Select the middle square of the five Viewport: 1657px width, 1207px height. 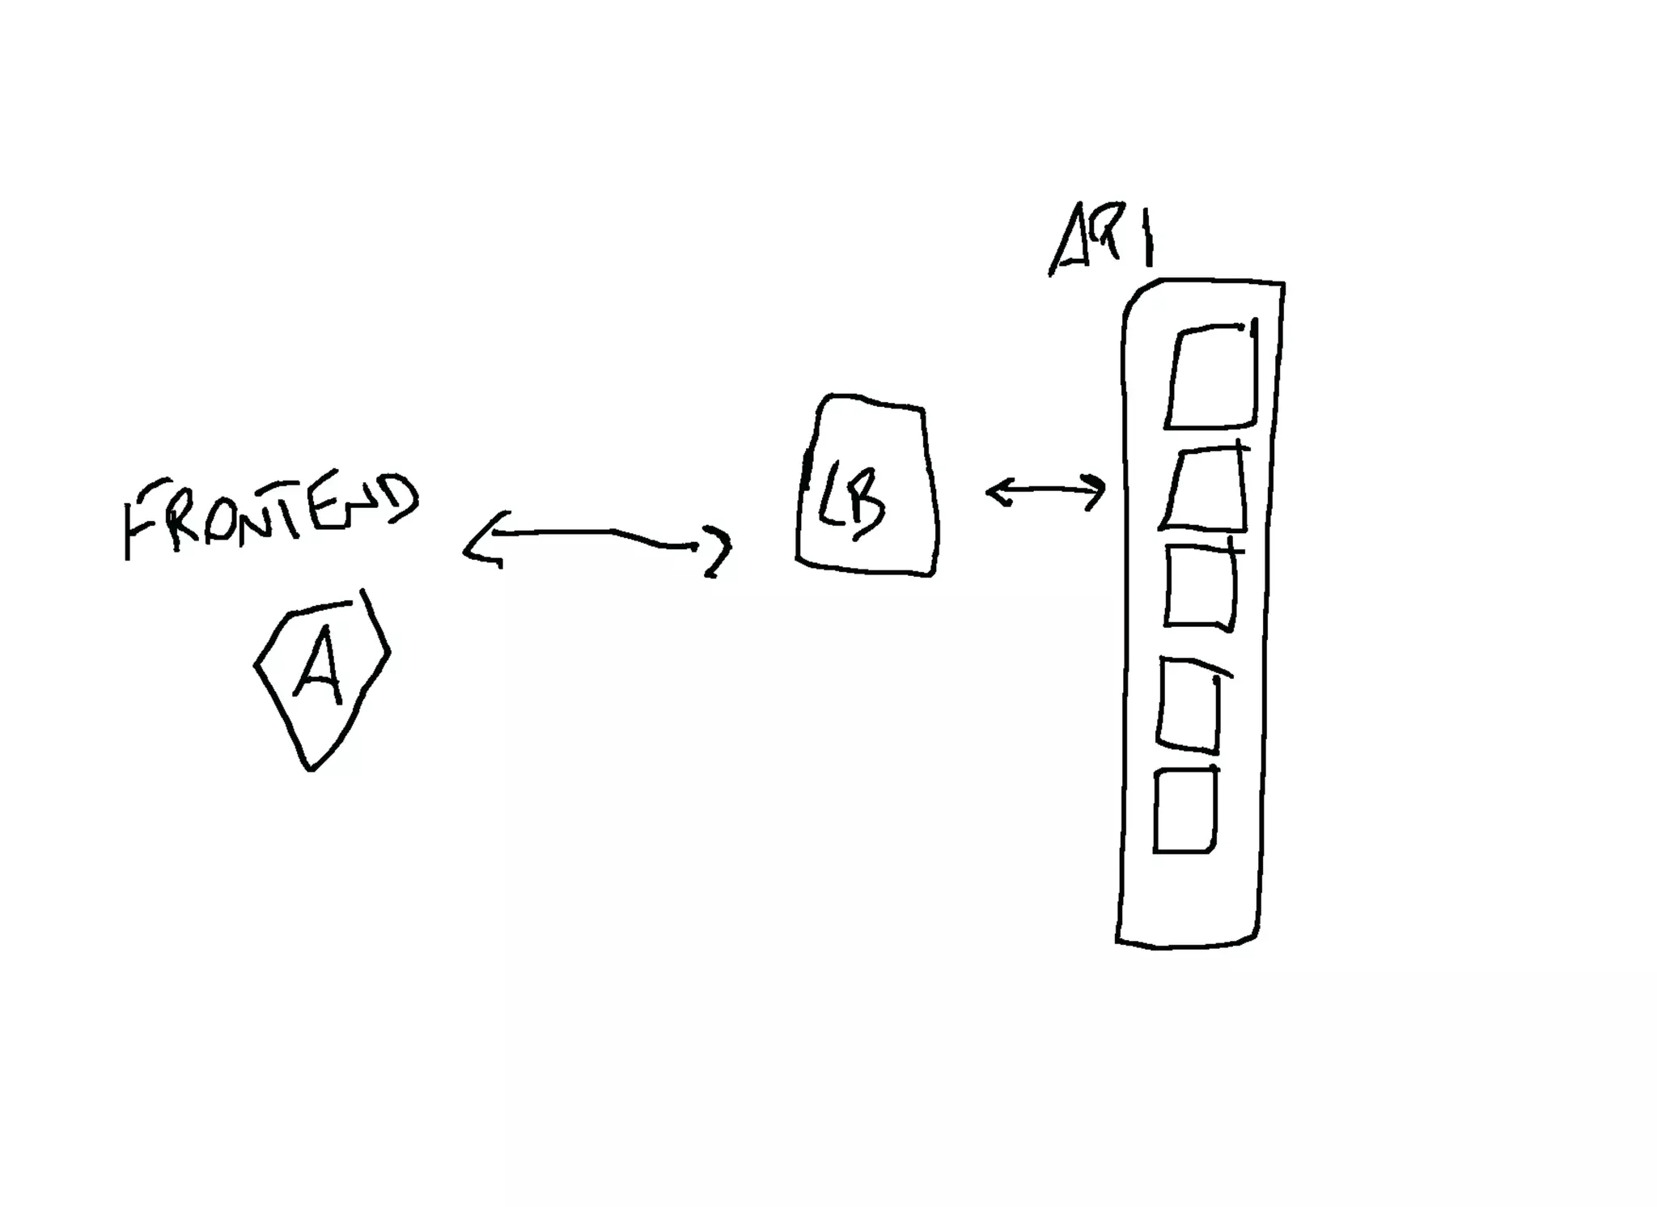pos(1201,587)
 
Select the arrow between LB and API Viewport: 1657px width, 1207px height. pos(1046,490)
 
